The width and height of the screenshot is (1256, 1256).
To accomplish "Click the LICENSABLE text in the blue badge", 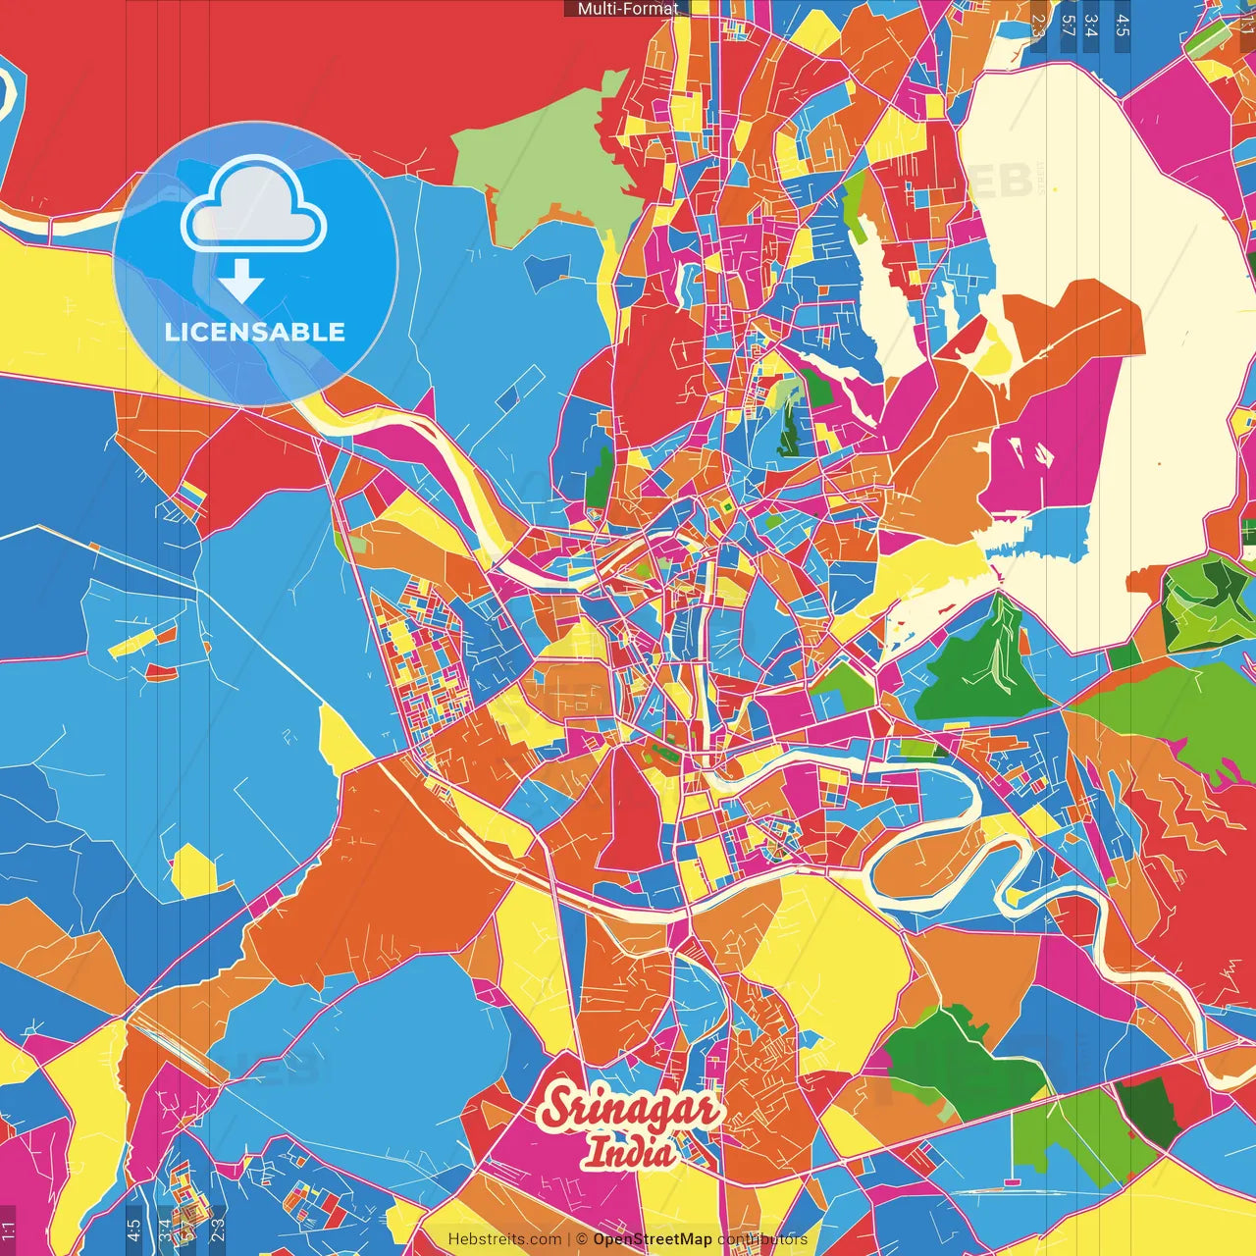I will pyautogui.click(x=255, y=332).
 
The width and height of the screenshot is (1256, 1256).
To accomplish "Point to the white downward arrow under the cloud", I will pyautogui.click(x=241, y=282).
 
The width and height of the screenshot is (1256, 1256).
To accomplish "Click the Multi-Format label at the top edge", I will pyautogui.click(x=627, y=9).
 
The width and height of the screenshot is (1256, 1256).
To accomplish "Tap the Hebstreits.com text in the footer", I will pyautogui.click(x=504, y=1239).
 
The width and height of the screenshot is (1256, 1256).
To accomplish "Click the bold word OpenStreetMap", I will pyautogui.click(x=653, y=1239).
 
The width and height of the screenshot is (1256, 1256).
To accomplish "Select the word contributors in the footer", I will pyautogui.click(x=762, y=1239).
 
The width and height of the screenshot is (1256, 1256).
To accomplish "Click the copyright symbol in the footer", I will pyautogui.click(x=582, y=1239).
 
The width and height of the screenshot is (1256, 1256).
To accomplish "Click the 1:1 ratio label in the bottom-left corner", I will pyautogui.click(x=9, y=1230).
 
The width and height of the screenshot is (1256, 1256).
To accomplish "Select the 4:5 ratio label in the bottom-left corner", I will pyautogui.click(x=134, y=1230).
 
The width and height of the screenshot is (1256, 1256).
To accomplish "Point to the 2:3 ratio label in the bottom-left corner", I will pyautogui.click(x=218, y=1230).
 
